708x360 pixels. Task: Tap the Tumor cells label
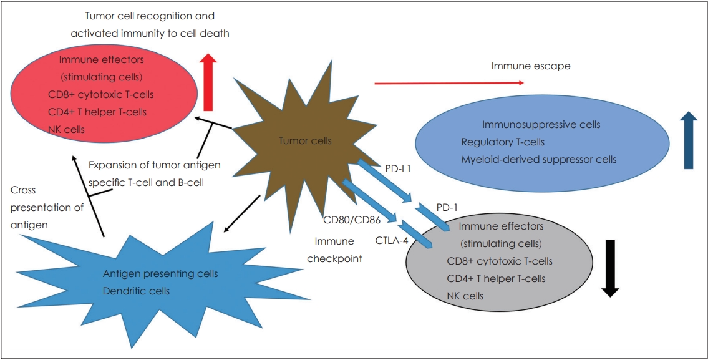305,141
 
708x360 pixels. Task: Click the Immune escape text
531,66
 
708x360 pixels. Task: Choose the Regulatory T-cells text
503,142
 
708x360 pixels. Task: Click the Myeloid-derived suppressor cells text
539,159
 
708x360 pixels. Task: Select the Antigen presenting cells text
160,274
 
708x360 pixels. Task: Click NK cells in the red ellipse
66,129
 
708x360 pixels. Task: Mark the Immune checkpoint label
334,250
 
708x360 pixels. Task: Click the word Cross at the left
23,190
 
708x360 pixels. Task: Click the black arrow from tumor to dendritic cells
241,213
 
